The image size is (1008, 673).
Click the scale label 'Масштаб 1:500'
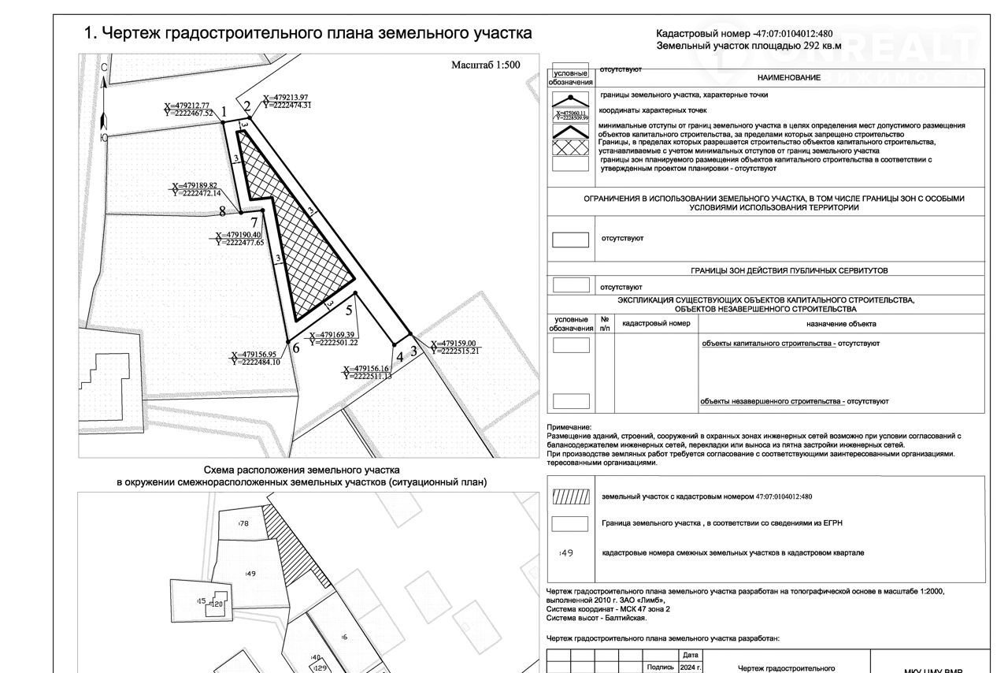coord(485,65)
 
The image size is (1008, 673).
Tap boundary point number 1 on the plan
coord(224,113)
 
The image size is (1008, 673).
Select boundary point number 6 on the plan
coord(295,348)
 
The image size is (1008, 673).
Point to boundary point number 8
coord(223,211)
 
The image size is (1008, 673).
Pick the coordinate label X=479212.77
coord(187,105)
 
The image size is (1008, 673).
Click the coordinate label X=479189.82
coord(195,185)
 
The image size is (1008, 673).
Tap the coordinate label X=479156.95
coord(254,354)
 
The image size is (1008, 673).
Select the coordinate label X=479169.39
coord(333,335)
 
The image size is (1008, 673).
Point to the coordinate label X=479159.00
coord(454,344)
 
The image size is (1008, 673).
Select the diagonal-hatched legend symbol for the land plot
coord(571,497)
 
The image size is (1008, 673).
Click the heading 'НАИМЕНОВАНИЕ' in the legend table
coord(789,77)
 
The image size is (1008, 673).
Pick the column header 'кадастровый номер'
coord(656,324)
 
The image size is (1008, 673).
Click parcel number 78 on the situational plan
coord(244,523)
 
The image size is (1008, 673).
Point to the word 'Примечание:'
coord(569,427)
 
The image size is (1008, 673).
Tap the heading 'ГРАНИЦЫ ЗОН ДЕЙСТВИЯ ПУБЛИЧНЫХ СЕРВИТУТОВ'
coord(789,270)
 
